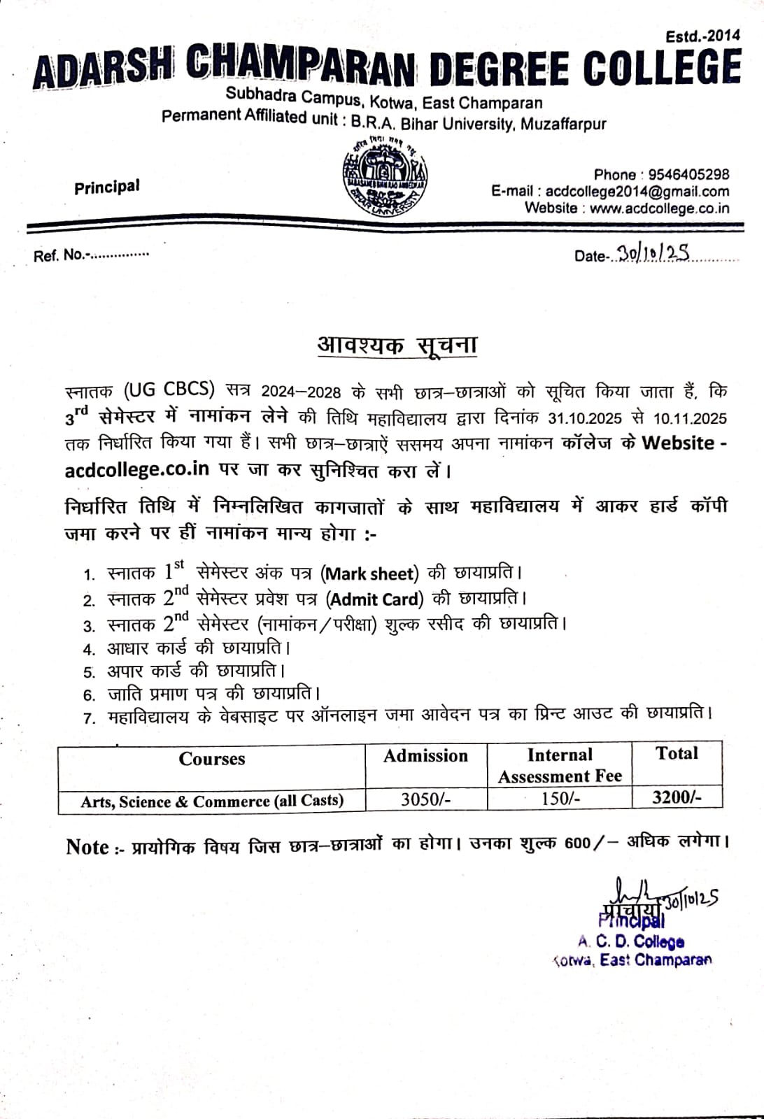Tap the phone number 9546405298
click(x=688, y=174)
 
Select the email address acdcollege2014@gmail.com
click(x=637, y=191)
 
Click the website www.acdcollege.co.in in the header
click(x=659, y=208)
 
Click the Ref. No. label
click(x=62, y=255)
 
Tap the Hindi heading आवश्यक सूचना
click(x=397, y=345)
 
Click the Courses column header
click(x=211, y=759)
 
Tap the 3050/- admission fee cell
click(x=425, y=799)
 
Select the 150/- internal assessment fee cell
click(x=560, y=799)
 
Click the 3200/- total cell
click(x=677, y=797)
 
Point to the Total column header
click(x=677, y=753)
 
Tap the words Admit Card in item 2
click(x=376, y=599)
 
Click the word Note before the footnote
click(x=87, y=847)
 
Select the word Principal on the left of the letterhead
click(x=107, y=187)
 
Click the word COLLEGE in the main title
click(x=661, y=69)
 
